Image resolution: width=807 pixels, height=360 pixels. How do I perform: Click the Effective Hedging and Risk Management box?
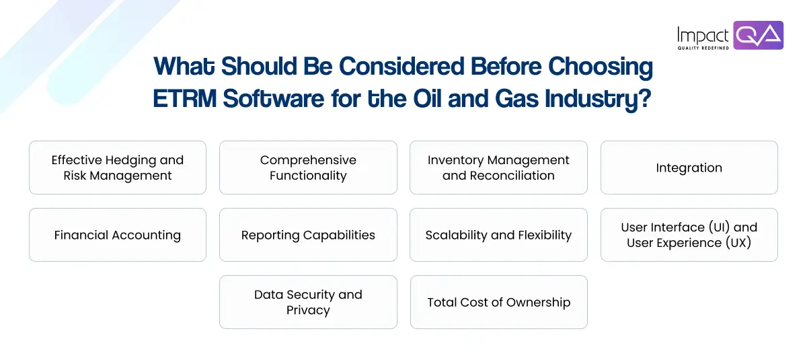point(117,168)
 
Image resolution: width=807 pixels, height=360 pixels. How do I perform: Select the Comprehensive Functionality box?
point(308,168)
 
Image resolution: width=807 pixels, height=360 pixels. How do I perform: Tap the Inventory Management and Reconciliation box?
point(498,168)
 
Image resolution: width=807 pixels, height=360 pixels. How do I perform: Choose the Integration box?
point(689,168)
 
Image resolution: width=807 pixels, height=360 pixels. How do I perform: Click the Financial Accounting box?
point(117,235)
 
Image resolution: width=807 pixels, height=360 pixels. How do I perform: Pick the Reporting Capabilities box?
point(308,235)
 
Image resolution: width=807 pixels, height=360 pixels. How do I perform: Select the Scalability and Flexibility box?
point(498,235)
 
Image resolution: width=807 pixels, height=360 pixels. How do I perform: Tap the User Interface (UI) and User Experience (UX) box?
point(689,235)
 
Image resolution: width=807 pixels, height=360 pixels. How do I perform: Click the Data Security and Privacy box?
point(308,302)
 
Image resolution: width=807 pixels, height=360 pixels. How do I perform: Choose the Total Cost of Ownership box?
point(498,302)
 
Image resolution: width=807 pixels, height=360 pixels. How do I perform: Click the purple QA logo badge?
point(758,35)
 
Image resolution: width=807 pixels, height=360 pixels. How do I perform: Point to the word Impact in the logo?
point(703,35)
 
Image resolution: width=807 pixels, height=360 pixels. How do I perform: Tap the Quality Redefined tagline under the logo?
point(703,48)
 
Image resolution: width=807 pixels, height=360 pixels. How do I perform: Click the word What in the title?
point(184,67)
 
